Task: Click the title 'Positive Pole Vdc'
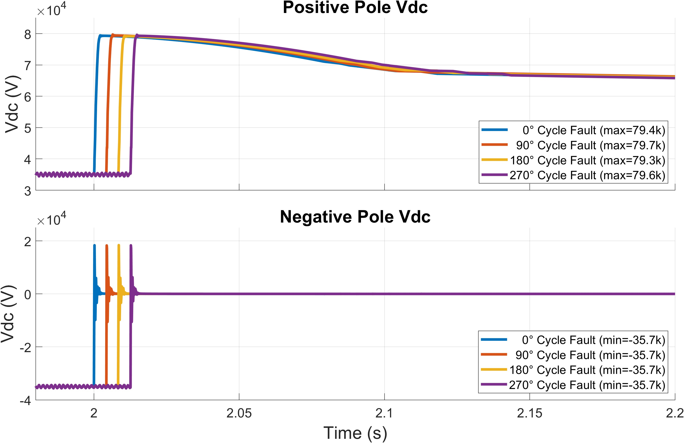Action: point(355,8)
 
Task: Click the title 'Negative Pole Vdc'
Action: point(355,217)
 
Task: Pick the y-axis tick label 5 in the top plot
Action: point(28,128)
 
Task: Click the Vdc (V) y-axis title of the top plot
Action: point(12,104)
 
